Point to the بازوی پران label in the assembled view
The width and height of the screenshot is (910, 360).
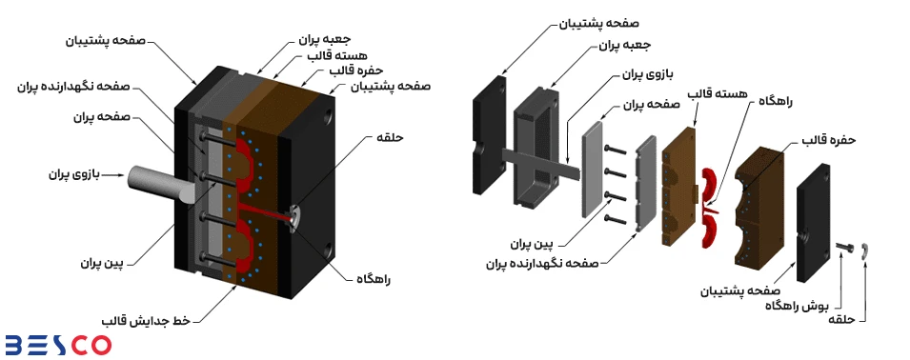point(71,174)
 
